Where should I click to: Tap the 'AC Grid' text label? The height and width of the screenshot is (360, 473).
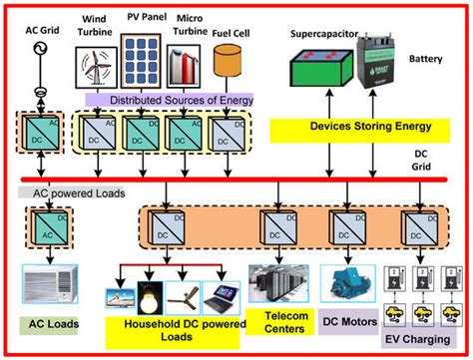[x=44, y=32]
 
